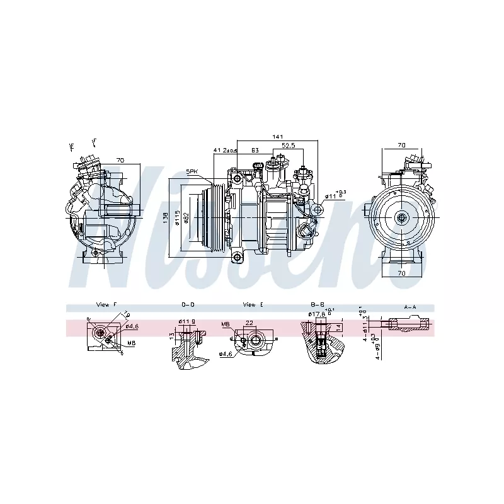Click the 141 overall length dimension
coord(278,137)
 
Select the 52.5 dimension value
coord(288,145)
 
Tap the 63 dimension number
coord(255,150)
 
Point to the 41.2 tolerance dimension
coord(225,150)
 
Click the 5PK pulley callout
coord(192,171)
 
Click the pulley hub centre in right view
coord(402,218)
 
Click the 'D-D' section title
coord(188,304)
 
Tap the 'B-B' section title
coord(317,304)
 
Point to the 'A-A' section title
coord(410,307)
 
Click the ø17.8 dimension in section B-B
coord(316,314)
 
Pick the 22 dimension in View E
coord(249,323)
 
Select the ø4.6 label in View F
coord(132,326)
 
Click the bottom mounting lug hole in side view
coord(238,256)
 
